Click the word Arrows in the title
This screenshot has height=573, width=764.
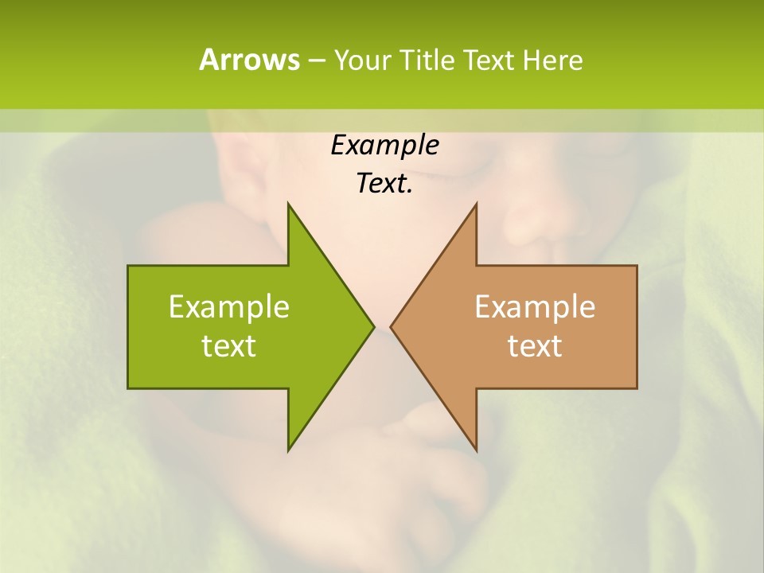(248, 60)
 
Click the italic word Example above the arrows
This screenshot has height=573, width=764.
(384, 145)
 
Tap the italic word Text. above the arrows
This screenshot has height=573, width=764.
(384, 184)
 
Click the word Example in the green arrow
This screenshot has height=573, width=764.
(229, 306)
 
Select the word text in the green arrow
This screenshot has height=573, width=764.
(229, 346)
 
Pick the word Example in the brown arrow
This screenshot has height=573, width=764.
(535, 306)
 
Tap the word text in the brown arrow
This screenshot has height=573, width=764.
(535, 346)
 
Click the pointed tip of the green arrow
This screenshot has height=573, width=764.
(373, 326)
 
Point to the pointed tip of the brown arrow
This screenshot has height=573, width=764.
(391, 326)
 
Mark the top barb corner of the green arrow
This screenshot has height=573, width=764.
(288, 204)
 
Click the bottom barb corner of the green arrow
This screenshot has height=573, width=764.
(288, 450)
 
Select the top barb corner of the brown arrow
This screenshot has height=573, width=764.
(476, 204)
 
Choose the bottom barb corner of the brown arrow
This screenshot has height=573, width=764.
(476, 450)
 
